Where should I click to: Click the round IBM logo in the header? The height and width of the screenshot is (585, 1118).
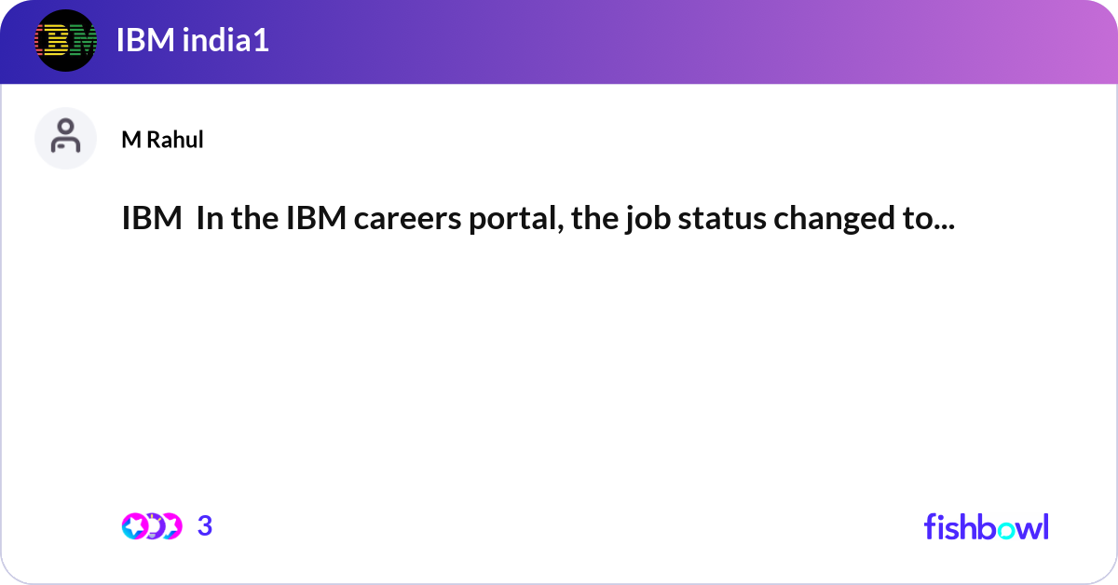coord(65,40)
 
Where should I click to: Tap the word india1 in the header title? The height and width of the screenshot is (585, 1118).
coord(225,40)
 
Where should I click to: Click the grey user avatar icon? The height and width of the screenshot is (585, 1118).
coord(65,138)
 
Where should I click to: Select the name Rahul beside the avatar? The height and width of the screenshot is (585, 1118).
coord(175,139)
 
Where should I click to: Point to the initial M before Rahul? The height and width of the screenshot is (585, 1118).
coord(131,140)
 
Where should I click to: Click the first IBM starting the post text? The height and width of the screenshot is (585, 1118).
coord(152,218)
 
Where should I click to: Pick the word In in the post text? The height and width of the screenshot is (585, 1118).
coord(210,218)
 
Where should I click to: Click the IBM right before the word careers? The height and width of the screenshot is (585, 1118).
coord(317,218)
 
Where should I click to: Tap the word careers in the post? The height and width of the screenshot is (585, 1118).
coord(407,219)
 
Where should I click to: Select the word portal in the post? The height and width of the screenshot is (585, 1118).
coord(516,220)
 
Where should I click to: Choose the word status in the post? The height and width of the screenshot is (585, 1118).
coord(722,219)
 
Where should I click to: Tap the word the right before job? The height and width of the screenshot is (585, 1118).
coord(594,218)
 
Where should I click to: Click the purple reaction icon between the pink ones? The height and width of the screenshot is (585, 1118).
coord(154,526)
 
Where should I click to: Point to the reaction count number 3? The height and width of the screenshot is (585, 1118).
coord(205,526)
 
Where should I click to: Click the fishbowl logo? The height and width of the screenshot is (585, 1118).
coord(987,526)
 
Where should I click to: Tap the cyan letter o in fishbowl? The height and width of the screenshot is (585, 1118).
coord(1006,531)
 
